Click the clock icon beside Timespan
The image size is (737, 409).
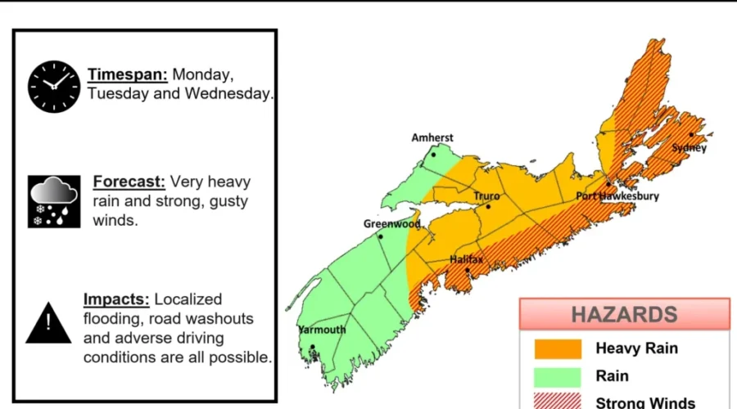coord(55,84)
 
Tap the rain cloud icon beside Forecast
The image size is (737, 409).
coord(54,201)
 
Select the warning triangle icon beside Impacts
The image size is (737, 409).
coord(49,322)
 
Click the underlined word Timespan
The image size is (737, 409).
coord(128,74)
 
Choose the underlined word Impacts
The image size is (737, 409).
coord(117,299)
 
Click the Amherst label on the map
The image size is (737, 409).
coord(432,137)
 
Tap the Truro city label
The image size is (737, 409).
coord(486,196)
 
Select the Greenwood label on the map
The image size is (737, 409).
coord(391,223)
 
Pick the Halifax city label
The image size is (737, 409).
coord(466,259)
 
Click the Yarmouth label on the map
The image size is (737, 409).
coord(321,330)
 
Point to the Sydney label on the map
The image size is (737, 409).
coord(689,148)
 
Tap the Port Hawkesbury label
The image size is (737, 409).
coord(617,196)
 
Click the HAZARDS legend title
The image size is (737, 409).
coord(624,314)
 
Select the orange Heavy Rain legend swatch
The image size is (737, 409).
coord(558,349)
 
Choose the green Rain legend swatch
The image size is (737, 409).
coord(558,376)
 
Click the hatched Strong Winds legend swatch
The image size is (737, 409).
coord(558,402)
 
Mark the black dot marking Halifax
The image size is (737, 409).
coord(467,270)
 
